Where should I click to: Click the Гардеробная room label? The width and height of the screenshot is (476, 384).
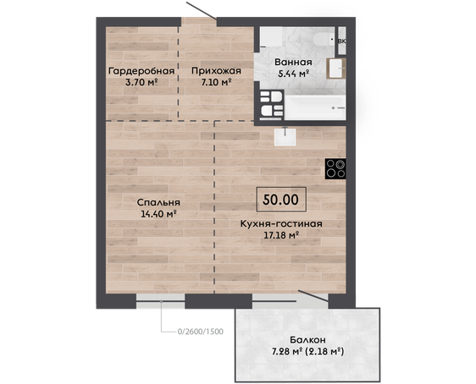141,71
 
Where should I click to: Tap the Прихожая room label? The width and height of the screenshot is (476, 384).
216,71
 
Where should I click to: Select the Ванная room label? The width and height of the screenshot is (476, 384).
293,62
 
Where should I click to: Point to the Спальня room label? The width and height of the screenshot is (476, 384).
158,202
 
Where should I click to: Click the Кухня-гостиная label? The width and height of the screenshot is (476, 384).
281,223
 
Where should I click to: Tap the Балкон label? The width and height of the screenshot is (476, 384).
307,340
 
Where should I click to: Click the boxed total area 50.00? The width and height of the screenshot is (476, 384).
281,200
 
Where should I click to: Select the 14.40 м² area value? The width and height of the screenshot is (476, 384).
158,214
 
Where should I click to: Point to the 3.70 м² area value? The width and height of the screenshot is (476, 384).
141,82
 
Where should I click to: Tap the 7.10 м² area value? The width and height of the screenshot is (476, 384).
217,82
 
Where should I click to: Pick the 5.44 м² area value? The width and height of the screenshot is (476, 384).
294,74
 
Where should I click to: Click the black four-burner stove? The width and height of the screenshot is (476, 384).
335,169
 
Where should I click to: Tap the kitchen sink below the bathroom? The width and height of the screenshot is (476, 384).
285,137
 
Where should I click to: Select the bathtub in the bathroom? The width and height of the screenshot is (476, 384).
315,107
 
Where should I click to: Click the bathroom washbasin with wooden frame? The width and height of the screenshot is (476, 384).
336,69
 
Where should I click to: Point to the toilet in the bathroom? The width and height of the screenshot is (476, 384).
324,39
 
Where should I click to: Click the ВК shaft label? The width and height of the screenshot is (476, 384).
342,41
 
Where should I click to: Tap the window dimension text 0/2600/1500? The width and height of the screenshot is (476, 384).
201,332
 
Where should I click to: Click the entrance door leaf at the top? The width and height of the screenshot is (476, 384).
202,11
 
